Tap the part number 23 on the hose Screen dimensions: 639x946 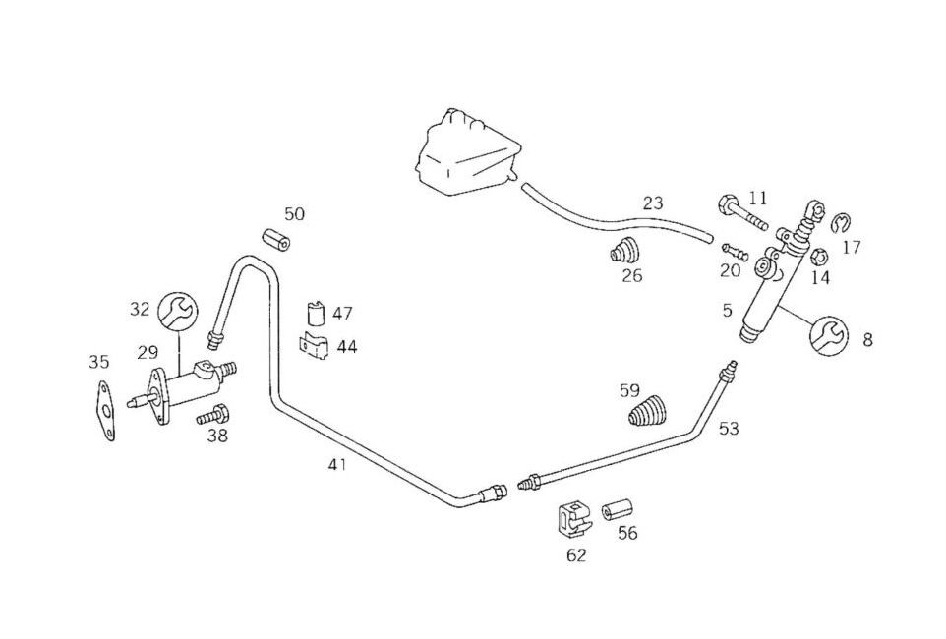653,203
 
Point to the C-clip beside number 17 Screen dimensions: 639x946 841,224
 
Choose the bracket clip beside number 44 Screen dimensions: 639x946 314,347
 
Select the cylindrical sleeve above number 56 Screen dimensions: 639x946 619,510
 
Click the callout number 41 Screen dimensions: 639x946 337,464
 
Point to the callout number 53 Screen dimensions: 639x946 728,429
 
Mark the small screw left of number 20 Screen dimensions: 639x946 728,249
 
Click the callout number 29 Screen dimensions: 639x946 148,352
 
